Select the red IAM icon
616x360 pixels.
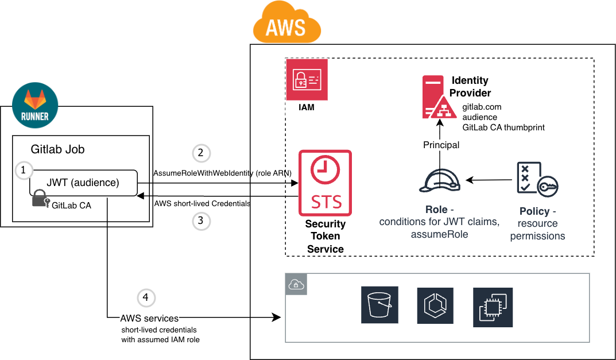pos(307,80)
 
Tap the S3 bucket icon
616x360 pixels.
pos(380,307)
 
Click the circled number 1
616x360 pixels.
pos(24,170)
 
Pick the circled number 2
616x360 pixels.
pos(200,153)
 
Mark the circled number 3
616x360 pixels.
pos(200,221)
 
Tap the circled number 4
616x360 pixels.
pos(146,297)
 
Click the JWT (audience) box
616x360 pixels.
pos(83,183)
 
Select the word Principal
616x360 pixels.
pos(441,145)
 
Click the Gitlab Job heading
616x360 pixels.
pos(57,149)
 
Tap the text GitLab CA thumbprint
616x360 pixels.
pos(503,127)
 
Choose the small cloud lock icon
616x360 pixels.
pos(296,284)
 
